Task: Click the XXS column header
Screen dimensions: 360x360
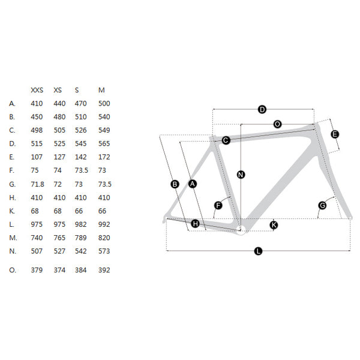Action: (37, 90)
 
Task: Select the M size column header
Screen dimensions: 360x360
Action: (101, 90)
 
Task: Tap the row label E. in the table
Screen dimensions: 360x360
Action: (12, 157)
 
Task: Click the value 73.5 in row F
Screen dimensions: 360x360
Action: (82, 170)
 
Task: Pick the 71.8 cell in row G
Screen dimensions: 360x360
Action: (37, 184)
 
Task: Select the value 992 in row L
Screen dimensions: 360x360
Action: (104, 224)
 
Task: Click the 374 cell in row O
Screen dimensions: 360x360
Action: (59, 270)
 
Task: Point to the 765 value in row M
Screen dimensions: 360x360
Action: (59, 238)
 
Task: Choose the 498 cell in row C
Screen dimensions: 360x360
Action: (37, 130)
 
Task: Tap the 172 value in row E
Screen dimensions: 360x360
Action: (104, 157)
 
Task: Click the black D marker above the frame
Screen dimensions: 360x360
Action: (262, 109)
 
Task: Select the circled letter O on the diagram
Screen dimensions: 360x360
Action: (278, 124)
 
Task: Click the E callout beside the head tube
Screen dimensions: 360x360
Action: (335, 134)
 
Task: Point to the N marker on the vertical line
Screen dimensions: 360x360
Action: (241, 175)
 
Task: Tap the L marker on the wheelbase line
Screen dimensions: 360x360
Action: (258, 251)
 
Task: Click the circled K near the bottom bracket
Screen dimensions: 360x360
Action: (274, 225)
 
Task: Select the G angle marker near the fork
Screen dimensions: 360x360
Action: (323, 205)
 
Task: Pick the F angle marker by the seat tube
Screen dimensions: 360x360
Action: (218, 205)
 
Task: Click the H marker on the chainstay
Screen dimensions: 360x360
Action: (196, 224)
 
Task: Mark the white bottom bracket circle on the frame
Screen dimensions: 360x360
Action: (241, 230)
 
